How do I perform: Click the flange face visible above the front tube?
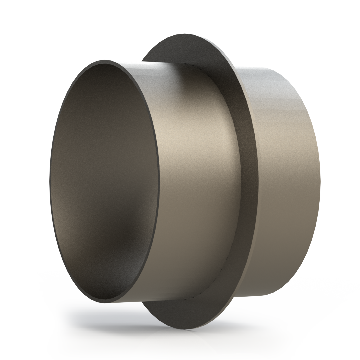point(173,50)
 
